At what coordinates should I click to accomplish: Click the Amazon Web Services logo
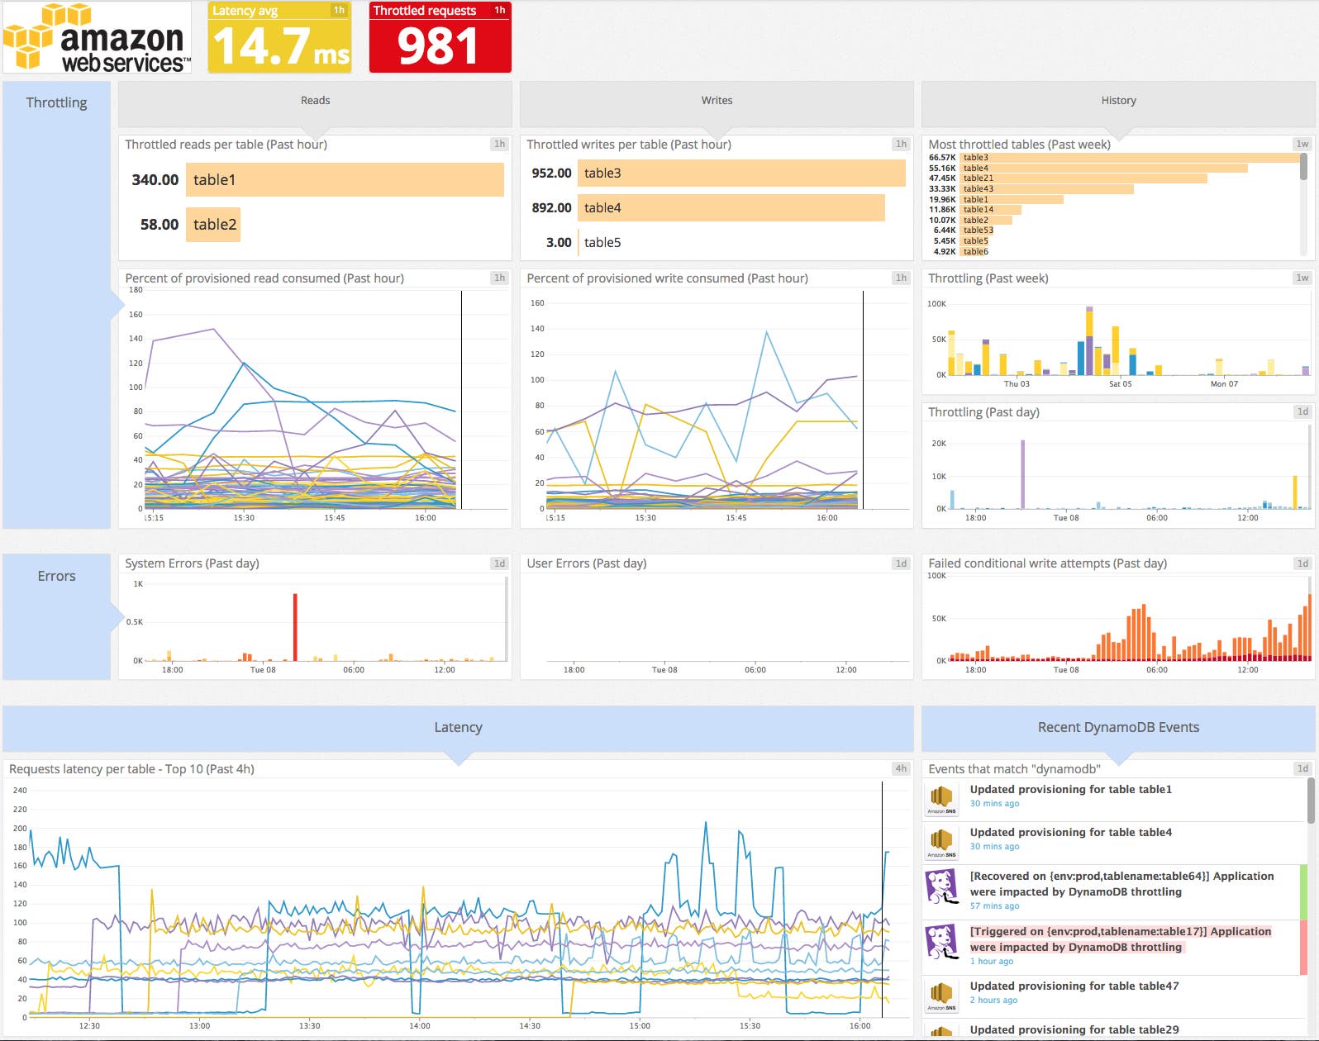click(97, 38)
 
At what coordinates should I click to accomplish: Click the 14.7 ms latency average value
click(280, 46)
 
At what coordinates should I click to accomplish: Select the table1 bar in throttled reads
click(345, 180)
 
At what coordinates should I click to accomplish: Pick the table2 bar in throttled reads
click(213, 225)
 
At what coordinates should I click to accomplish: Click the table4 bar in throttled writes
click(731, 208)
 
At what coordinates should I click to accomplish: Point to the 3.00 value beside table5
click(559, 243)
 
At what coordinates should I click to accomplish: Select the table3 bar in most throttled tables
click(1129, 158)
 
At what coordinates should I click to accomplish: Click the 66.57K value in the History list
click(941, 158)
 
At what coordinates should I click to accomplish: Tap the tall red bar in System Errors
click(295, 626)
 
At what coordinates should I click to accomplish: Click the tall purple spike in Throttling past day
click(1023, 474)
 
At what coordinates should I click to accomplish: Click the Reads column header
click(315, 101)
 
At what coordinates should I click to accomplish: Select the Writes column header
click(717, 101)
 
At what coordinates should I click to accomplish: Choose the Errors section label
click(56, 577)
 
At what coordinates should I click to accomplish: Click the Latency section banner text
click(458, 728)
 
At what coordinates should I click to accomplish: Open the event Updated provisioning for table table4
click(1070, 833)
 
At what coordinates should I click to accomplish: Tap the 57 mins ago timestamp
click(994, 906)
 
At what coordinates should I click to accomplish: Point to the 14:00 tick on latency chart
click(420, 1026)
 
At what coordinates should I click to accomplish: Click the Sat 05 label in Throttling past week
click(1120, 384)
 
